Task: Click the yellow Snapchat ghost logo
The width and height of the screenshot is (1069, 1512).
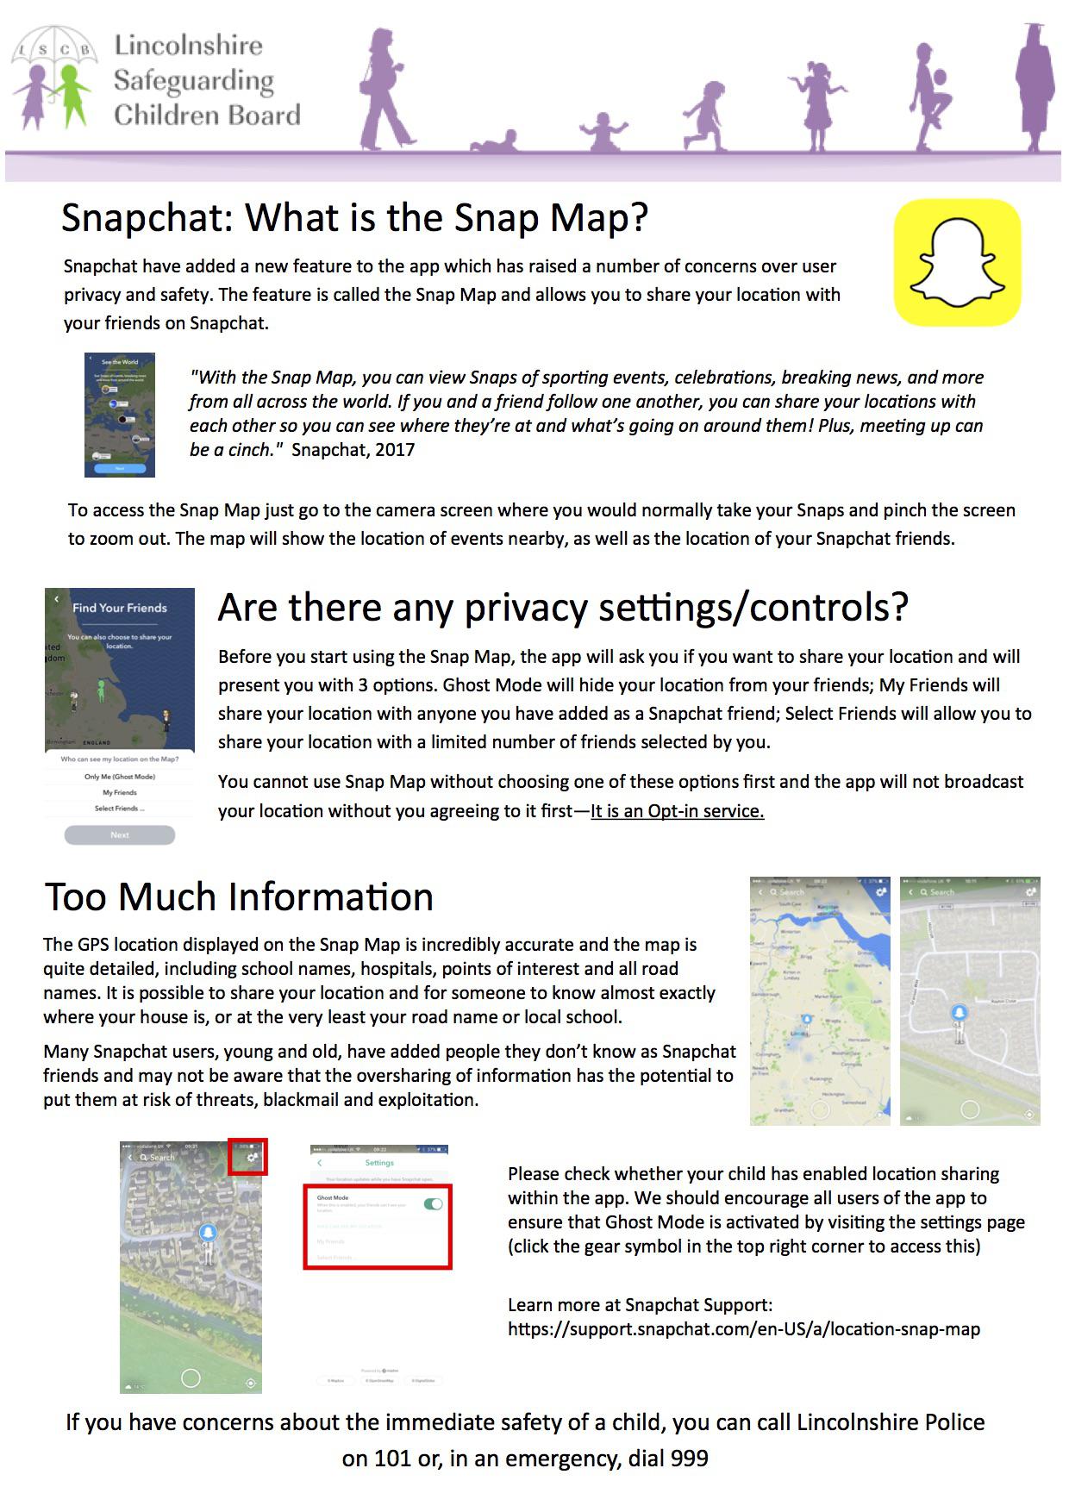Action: click(957, 262)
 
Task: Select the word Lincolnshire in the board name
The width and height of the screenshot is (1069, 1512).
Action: click(188, 46)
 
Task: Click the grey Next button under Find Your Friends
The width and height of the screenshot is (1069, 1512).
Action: click(120, 834)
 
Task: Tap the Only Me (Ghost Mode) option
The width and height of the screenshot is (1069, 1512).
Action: click(120, 777)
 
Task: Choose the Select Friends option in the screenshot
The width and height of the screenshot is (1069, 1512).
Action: click(120, 809)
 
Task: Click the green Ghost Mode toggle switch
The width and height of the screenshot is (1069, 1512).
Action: click(433, 1203)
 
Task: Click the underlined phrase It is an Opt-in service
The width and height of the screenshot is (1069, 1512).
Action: click(677, 811)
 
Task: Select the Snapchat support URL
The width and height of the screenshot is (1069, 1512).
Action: click(744, 1329)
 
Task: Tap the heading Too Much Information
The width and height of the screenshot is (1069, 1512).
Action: click(239, 897)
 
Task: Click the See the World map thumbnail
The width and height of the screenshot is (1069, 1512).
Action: click(120, 415)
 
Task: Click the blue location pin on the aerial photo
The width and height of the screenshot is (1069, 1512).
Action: click(207, 1234)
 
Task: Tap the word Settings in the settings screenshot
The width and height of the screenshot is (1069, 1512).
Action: click(379, 1163)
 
